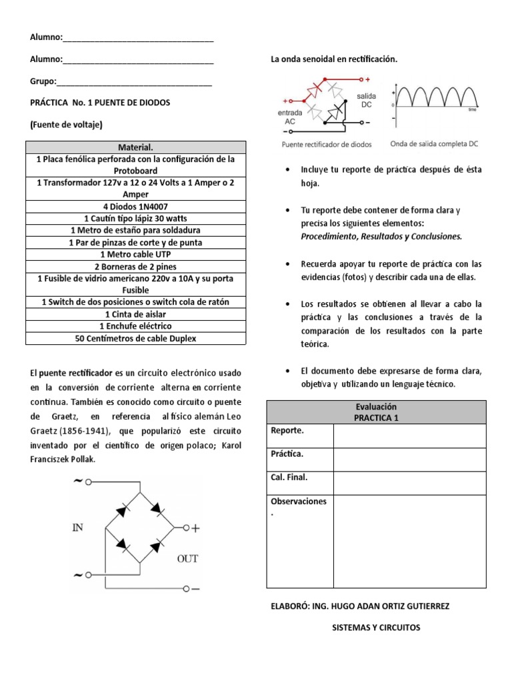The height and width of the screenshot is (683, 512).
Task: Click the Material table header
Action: pos(135,147)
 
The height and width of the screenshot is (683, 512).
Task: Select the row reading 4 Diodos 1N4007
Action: pos(135,206)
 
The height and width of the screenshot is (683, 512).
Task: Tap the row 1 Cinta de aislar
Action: pos(135,314)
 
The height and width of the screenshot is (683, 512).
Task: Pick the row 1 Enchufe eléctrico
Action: pos(135,326)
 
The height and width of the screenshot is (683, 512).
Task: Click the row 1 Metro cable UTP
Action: pos(135,254)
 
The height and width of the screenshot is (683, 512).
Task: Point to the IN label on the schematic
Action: pos(78,528)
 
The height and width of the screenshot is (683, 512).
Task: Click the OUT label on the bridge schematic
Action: pos(187,558)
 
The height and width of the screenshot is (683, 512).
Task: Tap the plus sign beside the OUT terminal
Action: pos(196,529)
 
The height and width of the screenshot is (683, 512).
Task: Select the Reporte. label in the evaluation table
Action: pos(287,431)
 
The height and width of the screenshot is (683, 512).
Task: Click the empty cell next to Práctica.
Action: pos(409,460)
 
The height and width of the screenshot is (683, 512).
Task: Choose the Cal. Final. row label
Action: pos(289,477)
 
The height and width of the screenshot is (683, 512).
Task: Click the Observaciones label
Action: pos(299,501)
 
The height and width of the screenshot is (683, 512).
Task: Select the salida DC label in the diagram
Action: pos(367,101)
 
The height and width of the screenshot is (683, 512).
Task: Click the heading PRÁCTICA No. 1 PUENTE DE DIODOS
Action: pos(100,103)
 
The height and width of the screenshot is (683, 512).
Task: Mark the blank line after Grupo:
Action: pos(134,83)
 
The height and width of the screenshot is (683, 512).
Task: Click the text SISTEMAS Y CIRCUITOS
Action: pos(377,628)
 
